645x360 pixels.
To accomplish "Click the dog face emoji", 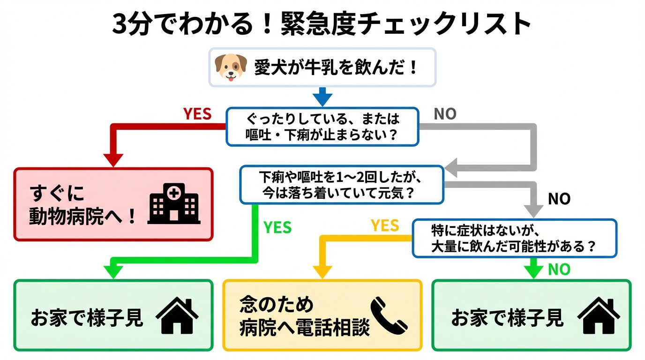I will pos(231,67).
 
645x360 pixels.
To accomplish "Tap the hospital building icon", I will pos(173,204).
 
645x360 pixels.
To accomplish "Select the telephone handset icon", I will pos(389,315).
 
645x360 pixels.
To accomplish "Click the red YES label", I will pos(197,114).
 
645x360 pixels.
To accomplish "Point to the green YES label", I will pos(277,228).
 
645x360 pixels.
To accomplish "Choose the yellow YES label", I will pos(385,226).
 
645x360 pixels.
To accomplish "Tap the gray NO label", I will pos(445,114).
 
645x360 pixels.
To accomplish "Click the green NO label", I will pos(559,270).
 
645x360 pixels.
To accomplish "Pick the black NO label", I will pos(559,199).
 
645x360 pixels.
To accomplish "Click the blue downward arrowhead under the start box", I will pos(322,99).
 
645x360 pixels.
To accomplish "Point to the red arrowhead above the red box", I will pos(113,159).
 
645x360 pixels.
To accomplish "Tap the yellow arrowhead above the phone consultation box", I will pos(322,271).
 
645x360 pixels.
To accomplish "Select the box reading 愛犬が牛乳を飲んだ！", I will pos(322,67).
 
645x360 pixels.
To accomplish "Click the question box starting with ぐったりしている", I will pos(322,127).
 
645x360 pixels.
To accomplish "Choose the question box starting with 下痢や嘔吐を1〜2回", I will pos(341,185).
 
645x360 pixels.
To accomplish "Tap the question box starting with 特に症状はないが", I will pos(514,238).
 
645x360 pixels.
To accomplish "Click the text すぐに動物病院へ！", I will pos(82,205).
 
